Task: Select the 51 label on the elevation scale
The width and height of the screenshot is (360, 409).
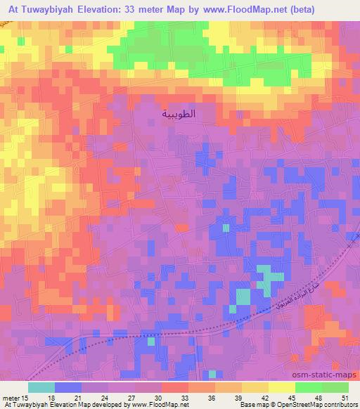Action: (344, 398)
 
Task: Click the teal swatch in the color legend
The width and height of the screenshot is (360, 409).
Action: (41, 387)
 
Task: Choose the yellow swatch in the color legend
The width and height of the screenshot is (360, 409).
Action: (281, 387)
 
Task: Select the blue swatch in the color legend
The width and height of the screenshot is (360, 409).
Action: (68, 387)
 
